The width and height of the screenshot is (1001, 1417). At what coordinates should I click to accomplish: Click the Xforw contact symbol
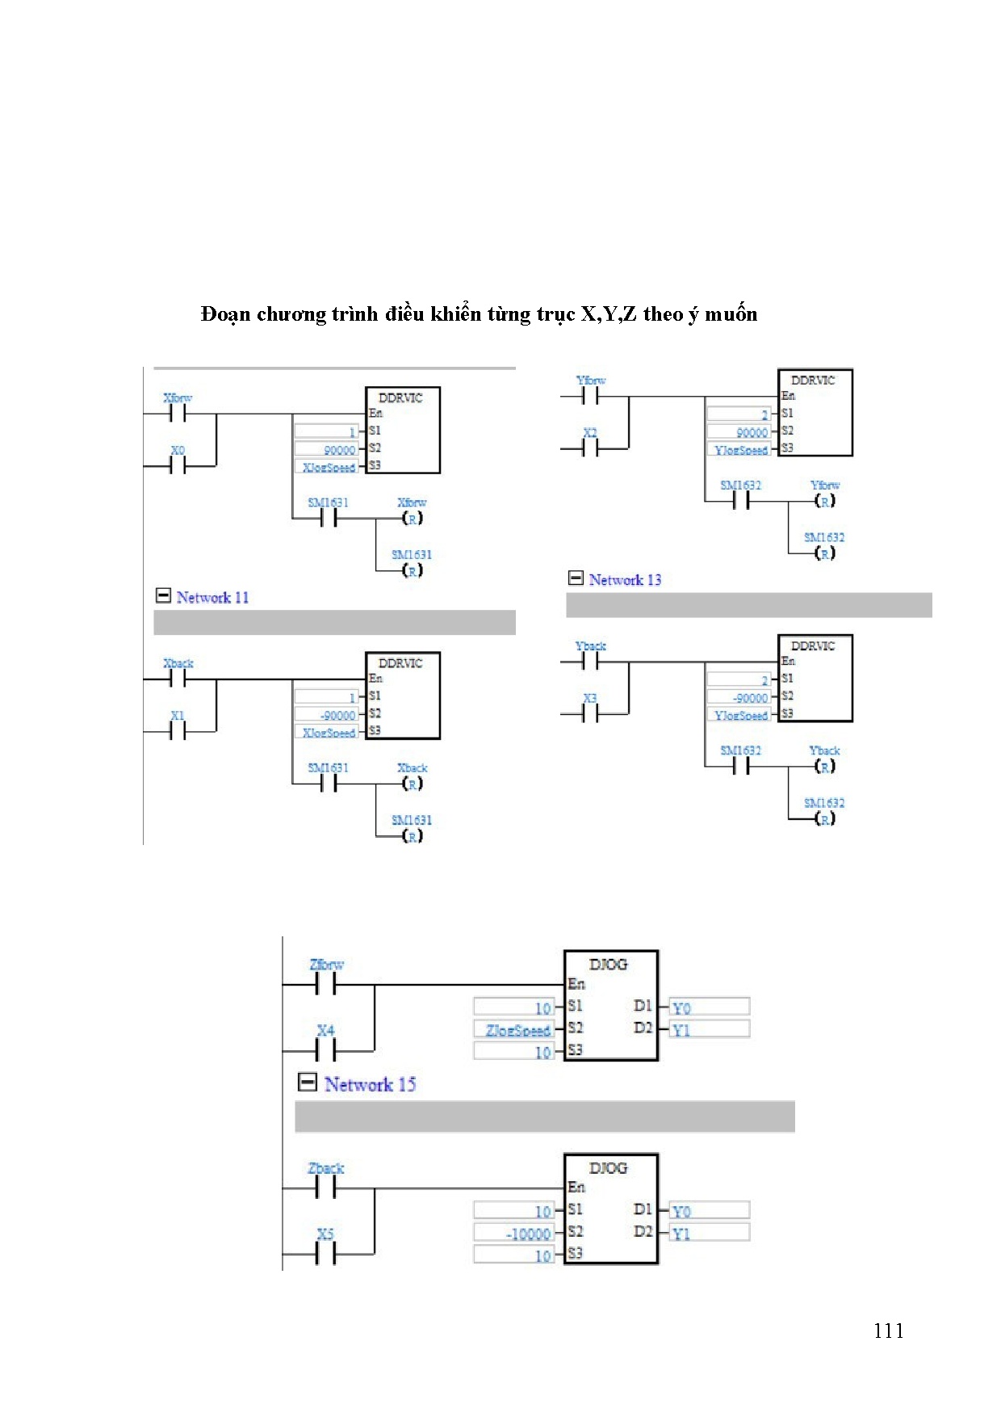(x=178, y=414)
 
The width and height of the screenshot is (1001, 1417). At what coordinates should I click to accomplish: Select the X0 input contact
(x=178, y=465)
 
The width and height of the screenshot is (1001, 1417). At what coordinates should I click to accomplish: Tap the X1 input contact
(x=178, y=731)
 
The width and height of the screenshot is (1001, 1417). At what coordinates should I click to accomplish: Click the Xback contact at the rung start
(x=178, y=679)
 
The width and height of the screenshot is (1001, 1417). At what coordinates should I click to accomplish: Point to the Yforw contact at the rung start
(x=590, y=397)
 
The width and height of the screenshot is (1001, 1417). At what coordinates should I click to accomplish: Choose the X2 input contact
(x=590, y=448)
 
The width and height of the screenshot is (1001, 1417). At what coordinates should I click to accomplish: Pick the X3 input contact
(x=590, y=714)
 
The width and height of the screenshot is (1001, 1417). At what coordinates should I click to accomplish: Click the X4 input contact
(x=325, y=1049)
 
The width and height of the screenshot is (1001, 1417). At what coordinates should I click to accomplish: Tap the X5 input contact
(x=325, y=1254)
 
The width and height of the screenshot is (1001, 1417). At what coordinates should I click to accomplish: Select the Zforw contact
(x=325, y=984)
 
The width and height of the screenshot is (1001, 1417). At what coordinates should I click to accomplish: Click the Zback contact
(x=325, y=1188)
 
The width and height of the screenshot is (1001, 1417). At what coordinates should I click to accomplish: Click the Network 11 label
(x=212, y=597)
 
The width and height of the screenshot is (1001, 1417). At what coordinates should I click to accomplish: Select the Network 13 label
(x=625, y=579)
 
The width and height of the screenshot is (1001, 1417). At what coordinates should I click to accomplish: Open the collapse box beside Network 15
(x=307, y=1083)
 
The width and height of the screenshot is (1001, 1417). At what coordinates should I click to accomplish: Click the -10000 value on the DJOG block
(x=529, y=1234)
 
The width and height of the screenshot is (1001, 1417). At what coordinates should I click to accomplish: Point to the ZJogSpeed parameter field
(x=517, y=1030)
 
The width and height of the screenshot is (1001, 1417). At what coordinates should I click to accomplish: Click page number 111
(x=888, y=1331)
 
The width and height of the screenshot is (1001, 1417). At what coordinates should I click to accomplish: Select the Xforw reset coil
(x=413, y=519)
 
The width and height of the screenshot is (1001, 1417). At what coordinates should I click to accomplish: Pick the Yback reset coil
(x=824, y=767)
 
